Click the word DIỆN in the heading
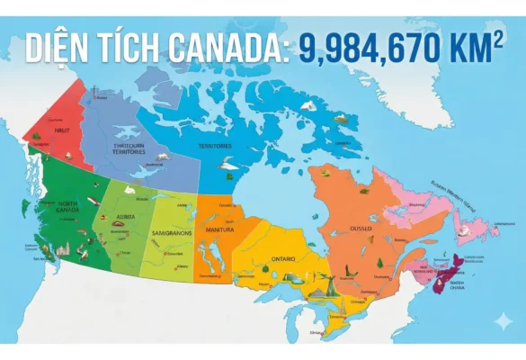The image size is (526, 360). click(54, 47)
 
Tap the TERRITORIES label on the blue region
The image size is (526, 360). click(215, 145)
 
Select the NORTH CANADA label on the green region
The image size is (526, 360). click(68, 206)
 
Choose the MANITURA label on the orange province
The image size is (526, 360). click(219, 229)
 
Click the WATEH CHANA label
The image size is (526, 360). click(457, 286)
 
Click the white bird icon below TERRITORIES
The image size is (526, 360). click(226, 165)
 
